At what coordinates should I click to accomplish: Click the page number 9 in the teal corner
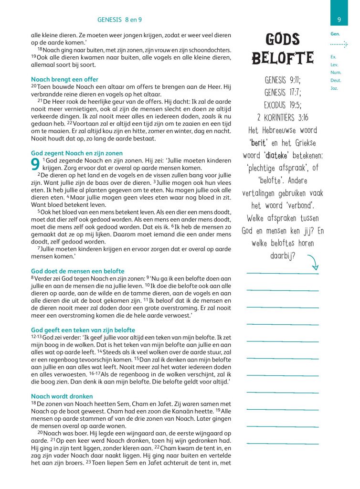point(339,20)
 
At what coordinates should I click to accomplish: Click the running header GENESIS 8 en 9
point(120,20)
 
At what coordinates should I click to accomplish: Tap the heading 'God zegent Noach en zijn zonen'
point(76,153)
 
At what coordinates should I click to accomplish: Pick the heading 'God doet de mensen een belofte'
point(77,271)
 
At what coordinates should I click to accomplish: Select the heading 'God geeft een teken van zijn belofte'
point(83,330)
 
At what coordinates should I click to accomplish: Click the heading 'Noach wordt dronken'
point(62,396)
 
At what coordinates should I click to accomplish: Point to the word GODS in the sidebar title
point(282,39)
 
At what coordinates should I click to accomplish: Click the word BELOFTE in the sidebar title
point(282,58)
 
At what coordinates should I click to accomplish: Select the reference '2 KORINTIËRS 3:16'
point(282,117)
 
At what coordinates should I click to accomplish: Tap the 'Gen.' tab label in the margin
point(335,34)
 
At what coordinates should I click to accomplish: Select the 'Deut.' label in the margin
point(336,80)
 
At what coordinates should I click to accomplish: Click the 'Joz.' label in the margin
point(334,88)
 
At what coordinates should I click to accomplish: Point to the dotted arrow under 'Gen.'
point(339,44)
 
